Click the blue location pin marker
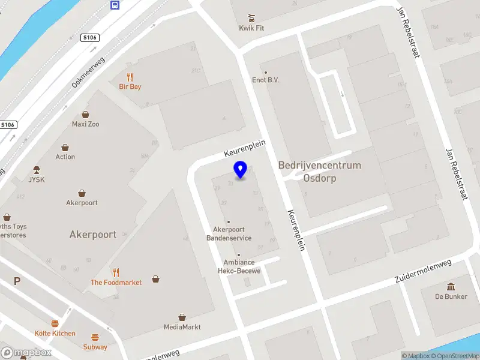(x=241, y=169)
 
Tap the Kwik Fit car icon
(x=251, y=17)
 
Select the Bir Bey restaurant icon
(x=130, y=76)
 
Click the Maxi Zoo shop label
(x=85, y=124)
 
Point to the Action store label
(x=65, y=157)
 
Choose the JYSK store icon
(x=37, y=169)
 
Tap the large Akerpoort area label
(x=93, y=235)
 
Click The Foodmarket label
(x=116, y=282)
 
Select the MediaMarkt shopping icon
(x=182, y=317)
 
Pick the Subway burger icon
(x=95, y=337)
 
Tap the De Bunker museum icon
(x=451, y=286)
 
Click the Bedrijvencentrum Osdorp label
(x=320, y=172)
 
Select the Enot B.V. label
(x=266, y=80)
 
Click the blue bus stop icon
(x=114, y=5)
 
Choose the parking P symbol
(x=17, y=281)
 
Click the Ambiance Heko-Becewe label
(x=239, y=266)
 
